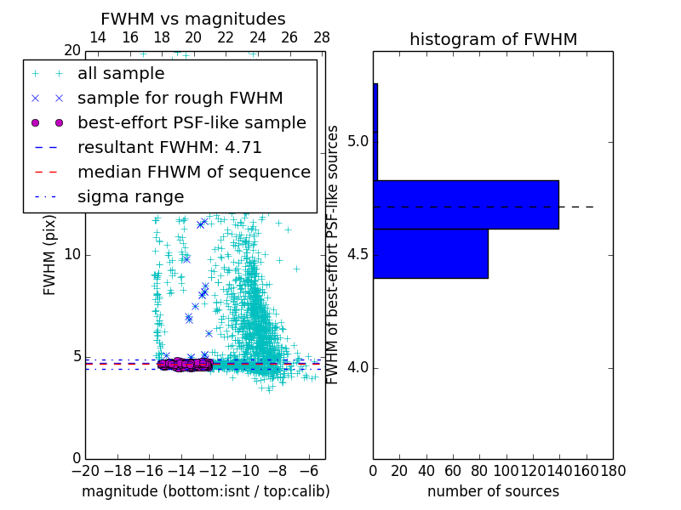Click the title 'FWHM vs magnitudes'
pyautogui.click(x=193, y=19)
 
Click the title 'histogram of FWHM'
pyautogui.click(x=493, y=39)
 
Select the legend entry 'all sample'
pyautogui.click(x=121, y=74)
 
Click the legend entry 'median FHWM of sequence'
pyautogui.click(x=193, y=173)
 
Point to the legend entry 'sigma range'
pyautogui.click(x=130, y=197)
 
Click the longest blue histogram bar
pyautogui.click(x=466, y=205)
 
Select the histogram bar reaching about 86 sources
pyautogui.click(x=430, y=253)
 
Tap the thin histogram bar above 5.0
pyautogui.click(x=375, y=132)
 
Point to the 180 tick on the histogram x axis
pyautogui.click(x=613, y=470)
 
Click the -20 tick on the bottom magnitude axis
pyautogui.click(x=85, y=470)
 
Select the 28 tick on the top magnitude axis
pyautogui.click(x=322, y=37)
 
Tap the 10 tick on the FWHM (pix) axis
pyautogui.click(x=72, y=254)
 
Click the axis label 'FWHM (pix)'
pyautogui.click(x=50, y=254)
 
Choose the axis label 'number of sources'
pyautogui.click(x=493, y=491)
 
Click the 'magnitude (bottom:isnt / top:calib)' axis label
pyautogui.click(x=205, y=491)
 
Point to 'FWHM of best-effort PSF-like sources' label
pyautogui.click(x=334, y=254)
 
